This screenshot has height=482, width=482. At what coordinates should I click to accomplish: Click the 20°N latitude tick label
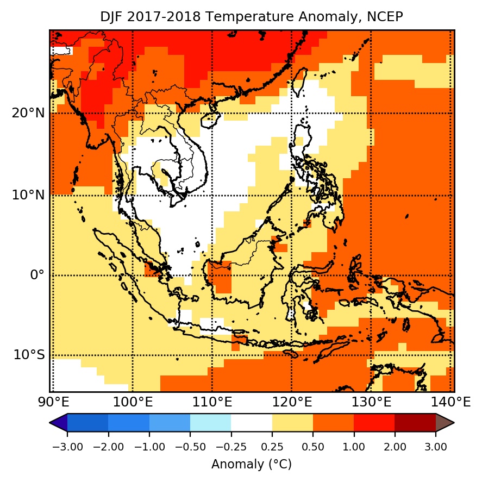pos(28,114)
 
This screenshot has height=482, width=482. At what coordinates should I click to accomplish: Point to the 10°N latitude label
pos(28,195)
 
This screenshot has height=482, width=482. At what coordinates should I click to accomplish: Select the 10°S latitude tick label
pos(29,355)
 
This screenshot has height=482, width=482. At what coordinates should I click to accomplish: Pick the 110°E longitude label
pos(212,403)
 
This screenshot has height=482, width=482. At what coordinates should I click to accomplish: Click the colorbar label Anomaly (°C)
pos(251,465)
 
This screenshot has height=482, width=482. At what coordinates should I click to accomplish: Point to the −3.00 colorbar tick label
pos(67,447)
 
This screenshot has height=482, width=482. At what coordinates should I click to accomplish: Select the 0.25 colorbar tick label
pos(272,447)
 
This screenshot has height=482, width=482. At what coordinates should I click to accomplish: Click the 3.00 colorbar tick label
pos(436,447)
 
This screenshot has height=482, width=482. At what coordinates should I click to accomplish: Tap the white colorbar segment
pos(251,423)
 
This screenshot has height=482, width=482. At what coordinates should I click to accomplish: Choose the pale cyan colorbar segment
pos(210,423)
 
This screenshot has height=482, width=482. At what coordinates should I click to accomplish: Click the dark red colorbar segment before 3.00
pos(415,423)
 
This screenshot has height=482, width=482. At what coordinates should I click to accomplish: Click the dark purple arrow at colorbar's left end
pos(58,423)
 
